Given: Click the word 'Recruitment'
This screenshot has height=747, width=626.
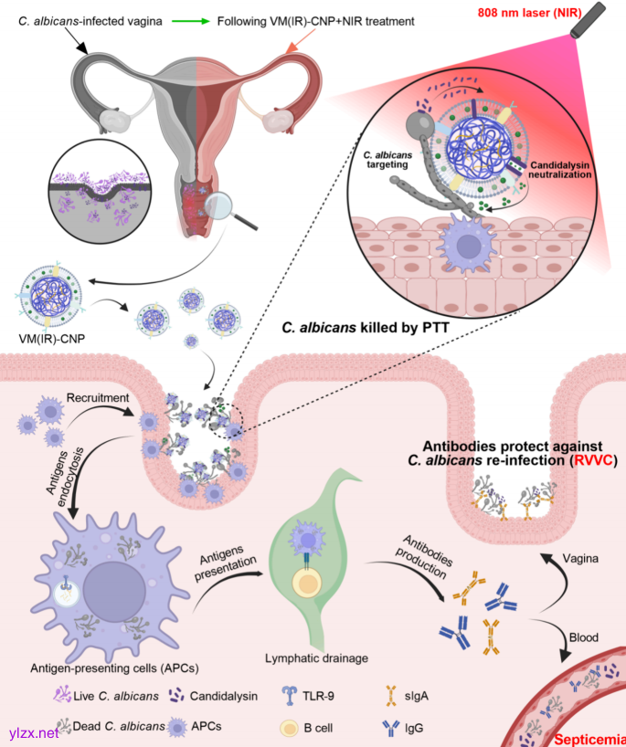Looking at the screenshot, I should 97,399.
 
